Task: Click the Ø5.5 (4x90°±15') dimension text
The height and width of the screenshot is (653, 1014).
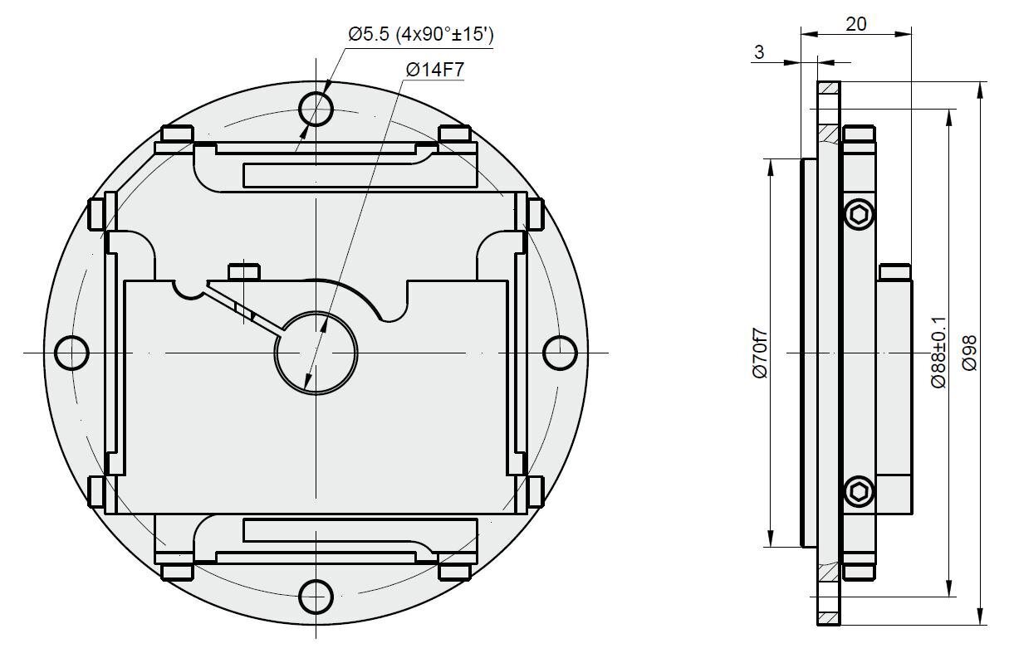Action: coord(421,34)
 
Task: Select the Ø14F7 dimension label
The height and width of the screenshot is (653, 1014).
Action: coord(435,70)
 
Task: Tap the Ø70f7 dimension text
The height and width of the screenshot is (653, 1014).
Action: coord(761,353)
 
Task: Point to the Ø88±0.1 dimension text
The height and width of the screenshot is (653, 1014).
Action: coord(939,353)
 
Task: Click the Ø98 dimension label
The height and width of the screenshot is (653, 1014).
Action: coord(970,353)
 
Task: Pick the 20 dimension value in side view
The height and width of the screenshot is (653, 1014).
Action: coord(856,24)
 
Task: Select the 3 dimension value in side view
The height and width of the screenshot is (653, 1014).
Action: coord(759,52)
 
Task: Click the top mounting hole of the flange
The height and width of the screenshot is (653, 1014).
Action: coord(316,109)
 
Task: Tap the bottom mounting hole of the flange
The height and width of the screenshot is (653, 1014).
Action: coord(316,597)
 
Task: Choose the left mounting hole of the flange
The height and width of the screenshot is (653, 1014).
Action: coord(71,353)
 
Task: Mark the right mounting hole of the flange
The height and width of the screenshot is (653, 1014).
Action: coord(560,353)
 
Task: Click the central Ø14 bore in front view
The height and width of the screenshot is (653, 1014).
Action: coord(316,353)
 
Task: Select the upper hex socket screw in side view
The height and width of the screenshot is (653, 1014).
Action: coord(859,214)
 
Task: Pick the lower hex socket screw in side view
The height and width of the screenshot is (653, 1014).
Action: coord(859,491)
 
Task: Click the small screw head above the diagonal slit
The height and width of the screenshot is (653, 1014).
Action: coord(244,272)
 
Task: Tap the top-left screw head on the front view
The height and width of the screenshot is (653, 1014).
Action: coord(178,134)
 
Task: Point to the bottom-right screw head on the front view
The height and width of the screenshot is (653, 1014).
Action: coord(454,572)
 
